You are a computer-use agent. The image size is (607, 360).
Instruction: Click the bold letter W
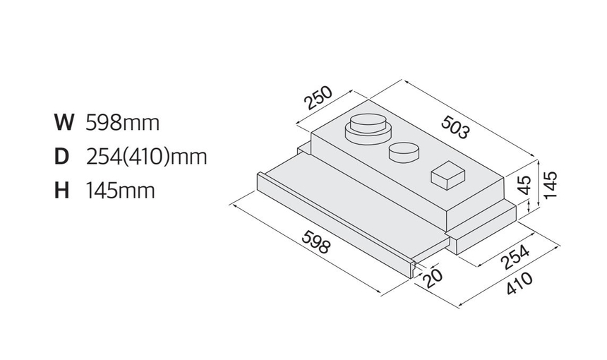64,122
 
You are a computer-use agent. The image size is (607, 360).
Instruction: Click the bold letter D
61,157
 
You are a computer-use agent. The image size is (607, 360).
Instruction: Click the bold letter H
61,191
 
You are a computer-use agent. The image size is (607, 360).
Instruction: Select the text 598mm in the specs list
122,123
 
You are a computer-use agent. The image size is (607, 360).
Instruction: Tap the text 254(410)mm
146,157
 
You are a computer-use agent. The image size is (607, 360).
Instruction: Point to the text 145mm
120,191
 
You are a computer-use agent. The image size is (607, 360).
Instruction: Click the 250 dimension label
318,97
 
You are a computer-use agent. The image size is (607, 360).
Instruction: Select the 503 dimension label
456,127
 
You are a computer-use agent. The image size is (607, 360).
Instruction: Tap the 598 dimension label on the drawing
316,241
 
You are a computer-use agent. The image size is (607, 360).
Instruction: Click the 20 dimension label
432,277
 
